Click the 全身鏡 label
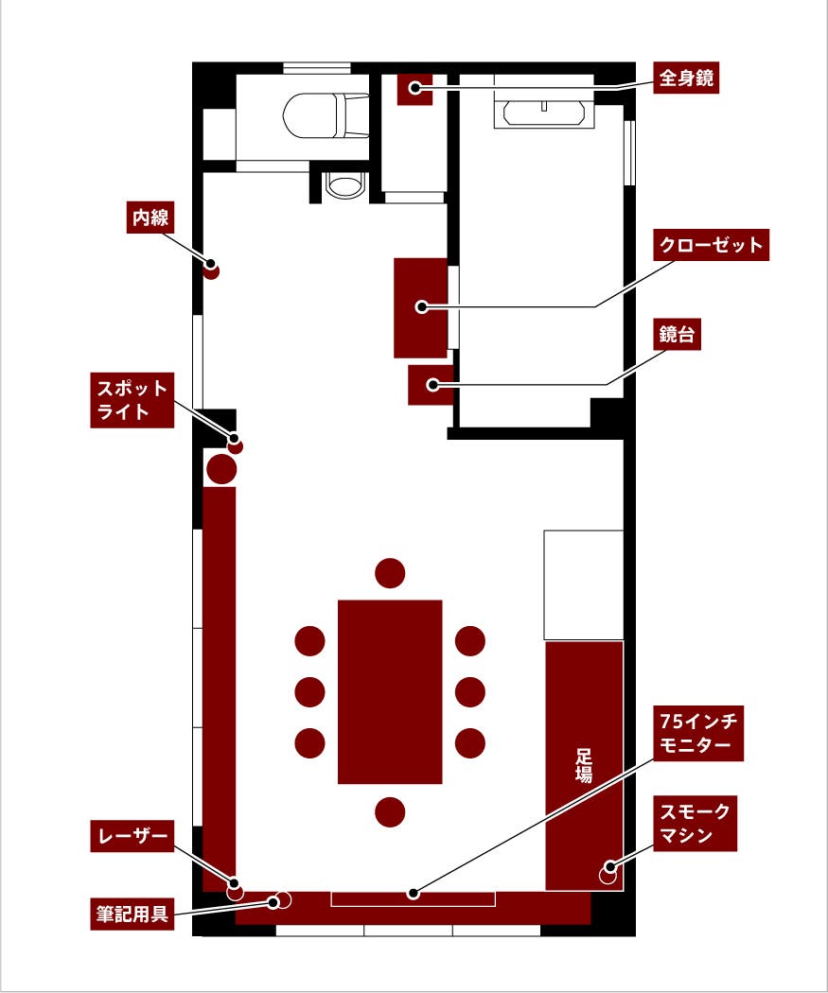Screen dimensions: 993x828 pyautogui.click(x=686, y=78)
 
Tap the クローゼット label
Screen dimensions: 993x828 pyautogui.click(x=711, y=245)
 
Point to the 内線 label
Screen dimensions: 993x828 pyautogui.click(x=150, y=218)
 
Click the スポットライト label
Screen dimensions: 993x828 pyautogui.click(x=132, y=400)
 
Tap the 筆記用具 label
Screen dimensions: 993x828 pyautogui.click(x=132, y=915)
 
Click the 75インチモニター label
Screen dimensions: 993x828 pyautogui.click(x=701, y=734)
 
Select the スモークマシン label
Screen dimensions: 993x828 pyautogui.click(x=696, y=824)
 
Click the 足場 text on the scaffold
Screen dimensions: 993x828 pyautogui.click(x=584, y=766)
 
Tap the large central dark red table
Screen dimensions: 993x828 pyautogui.click(x=390, y=691)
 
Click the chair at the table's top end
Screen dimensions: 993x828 pyautogui.click(x=390, y=572)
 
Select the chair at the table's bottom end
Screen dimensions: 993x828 pyautogui.click(x=390, y=811)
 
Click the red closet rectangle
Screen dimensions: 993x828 pyautogui.click(x=420, y=307)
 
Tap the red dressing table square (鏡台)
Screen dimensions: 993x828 pyautogui.click(x=431, y=385)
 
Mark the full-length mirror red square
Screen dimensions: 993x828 pyautogui.click(x=414, y=88)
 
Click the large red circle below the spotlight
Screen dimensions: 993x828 pyautogui.click(x=221, y=468)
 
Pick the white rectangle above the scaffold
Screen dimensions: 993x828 pyautogui.click(x=583, y=584)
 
